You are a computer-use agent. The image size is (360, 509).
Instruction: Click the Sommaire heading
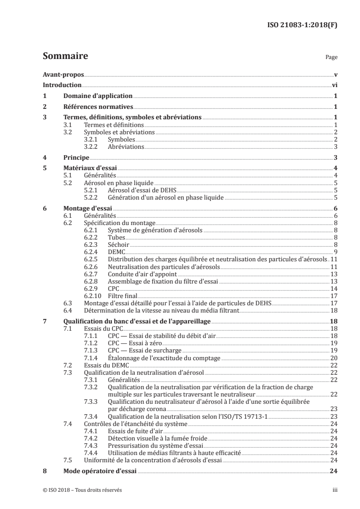(65, 57)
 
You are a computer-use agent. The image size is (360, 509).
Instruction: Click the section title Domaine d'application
(98, 96)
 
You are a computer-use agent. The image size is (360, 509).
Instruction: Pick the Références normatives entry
(98, 107)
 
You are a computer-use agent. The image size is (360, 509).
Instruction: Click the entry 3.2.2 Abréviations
(126, 147)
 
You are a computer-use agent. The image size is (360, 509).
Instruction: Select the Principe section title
(76, 158)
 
